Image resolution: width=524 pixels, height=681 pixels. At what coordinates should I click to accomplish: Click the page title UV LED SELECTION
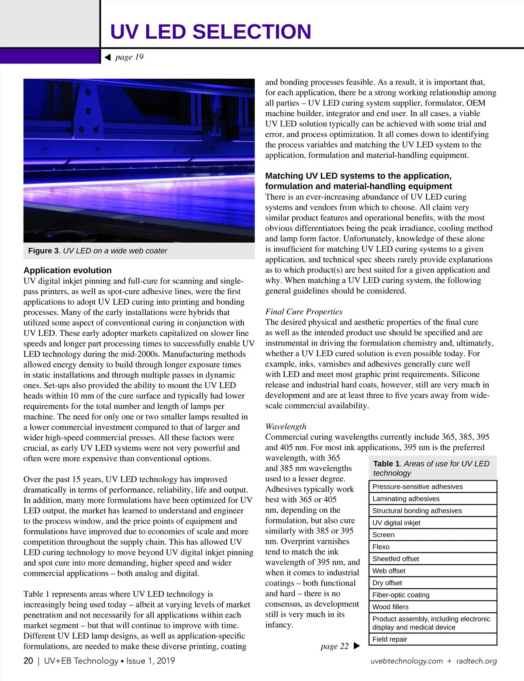210,32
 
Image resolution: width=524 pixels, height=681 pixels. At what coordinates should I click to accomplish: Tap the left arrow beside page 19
107,57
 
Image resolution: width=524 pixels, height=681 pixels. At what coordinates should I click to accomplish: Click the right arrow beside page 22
356,646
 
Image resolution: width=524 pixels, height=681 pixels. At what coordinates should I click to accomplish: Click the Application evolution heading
68,270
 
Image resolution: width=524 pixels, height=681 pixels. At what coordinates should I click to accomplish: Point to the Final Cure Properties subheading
303,312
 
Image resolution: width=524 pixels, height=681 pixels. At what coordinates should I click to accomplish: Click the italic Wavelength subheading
286,427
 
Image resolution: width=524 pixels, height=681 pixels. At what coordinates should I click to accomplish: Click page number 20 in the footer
28,661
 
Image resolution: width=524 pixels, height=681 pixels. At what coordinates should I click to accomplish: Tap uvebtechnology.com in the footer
407,661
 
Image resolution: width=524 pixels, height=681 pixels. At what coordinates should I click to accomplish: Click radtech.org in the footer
476,661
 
